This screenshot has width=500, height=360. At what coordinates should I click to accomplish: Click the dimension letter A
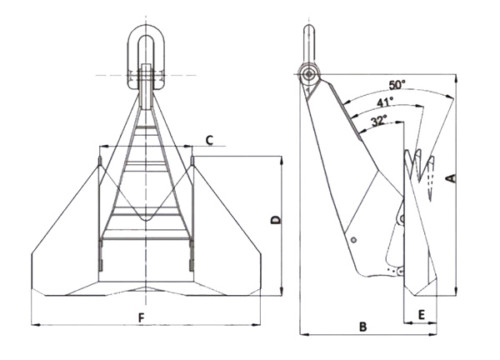point(452,177)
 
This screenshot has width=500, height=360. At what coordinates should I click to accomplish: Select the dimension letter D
point(276,220)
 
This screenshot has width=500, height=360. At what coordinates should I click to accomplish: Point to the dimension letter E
point(422,314)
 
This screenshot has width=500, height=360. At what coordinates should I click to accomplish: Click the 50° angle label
point(397,85)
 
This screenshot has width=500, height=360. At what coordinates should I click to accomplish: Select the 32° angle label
point(377,120)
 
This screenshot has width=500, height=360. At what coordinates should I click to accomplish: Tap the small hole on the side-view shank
point(354,242)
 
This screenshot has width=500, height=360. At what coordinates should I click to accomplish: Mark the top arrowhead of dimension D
point(282,157)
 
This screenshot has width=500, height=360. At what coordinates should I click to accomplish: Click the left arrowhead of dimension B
point(302,335)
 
